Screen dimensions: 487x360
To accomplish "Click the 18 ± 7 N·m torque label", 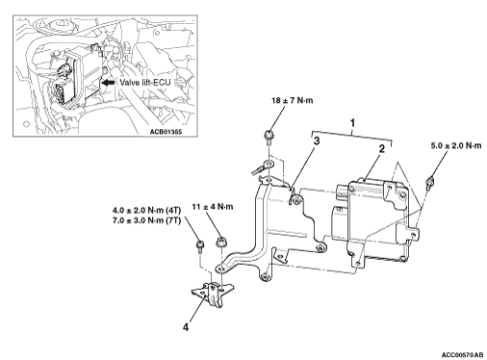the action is (292, 100).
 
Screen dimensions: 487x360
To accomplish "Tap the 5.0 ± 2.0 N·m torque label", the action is (456, 145).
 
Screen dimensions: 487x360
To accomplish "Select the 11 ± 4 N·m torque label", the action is (213, 207).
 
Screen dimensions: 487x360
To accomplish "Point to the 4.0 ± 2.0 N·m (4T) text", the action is (147, 211).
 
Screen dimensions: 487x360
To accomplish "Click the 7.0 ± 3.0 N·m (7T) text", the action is (147, 220).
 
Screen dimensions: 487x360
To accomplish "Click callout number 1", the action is (352, 123).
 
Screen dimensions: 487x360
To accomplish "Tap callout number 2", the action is (381, 149).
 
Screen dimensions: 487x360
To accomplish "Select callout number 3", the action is (317, 141).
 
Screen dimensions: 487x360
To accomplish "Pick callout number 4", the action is (186, 327).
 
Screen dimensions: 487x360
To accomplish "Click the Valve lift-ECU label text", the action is (145, 83).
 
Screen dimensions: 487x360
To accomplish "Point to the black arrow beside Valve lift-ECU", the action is (109, 83).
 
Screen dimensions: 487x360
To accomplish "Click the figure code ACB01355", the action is (166, 132).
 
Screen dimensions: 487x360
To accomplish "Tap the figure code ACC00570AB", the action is (462, 355).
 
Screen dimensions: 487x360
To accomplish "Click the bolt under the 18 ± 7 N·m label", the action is (268, 137).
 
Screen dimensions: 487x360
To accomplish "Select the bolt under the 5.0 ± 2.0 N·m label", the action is (429, 184).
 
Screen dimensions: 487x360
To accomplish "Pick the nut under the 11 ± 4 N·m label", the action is (220, 242).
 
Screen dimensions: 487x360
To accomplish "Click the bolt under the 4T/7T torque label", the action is (199, 246).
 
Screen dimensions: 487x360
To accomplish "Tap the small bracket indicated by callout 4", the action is (212, 293).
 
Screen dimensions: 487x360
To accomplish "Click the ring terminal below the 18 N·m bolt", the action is (263, 167).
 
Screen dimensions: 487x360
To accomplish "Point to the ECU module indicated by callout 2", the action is (377, 219).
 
